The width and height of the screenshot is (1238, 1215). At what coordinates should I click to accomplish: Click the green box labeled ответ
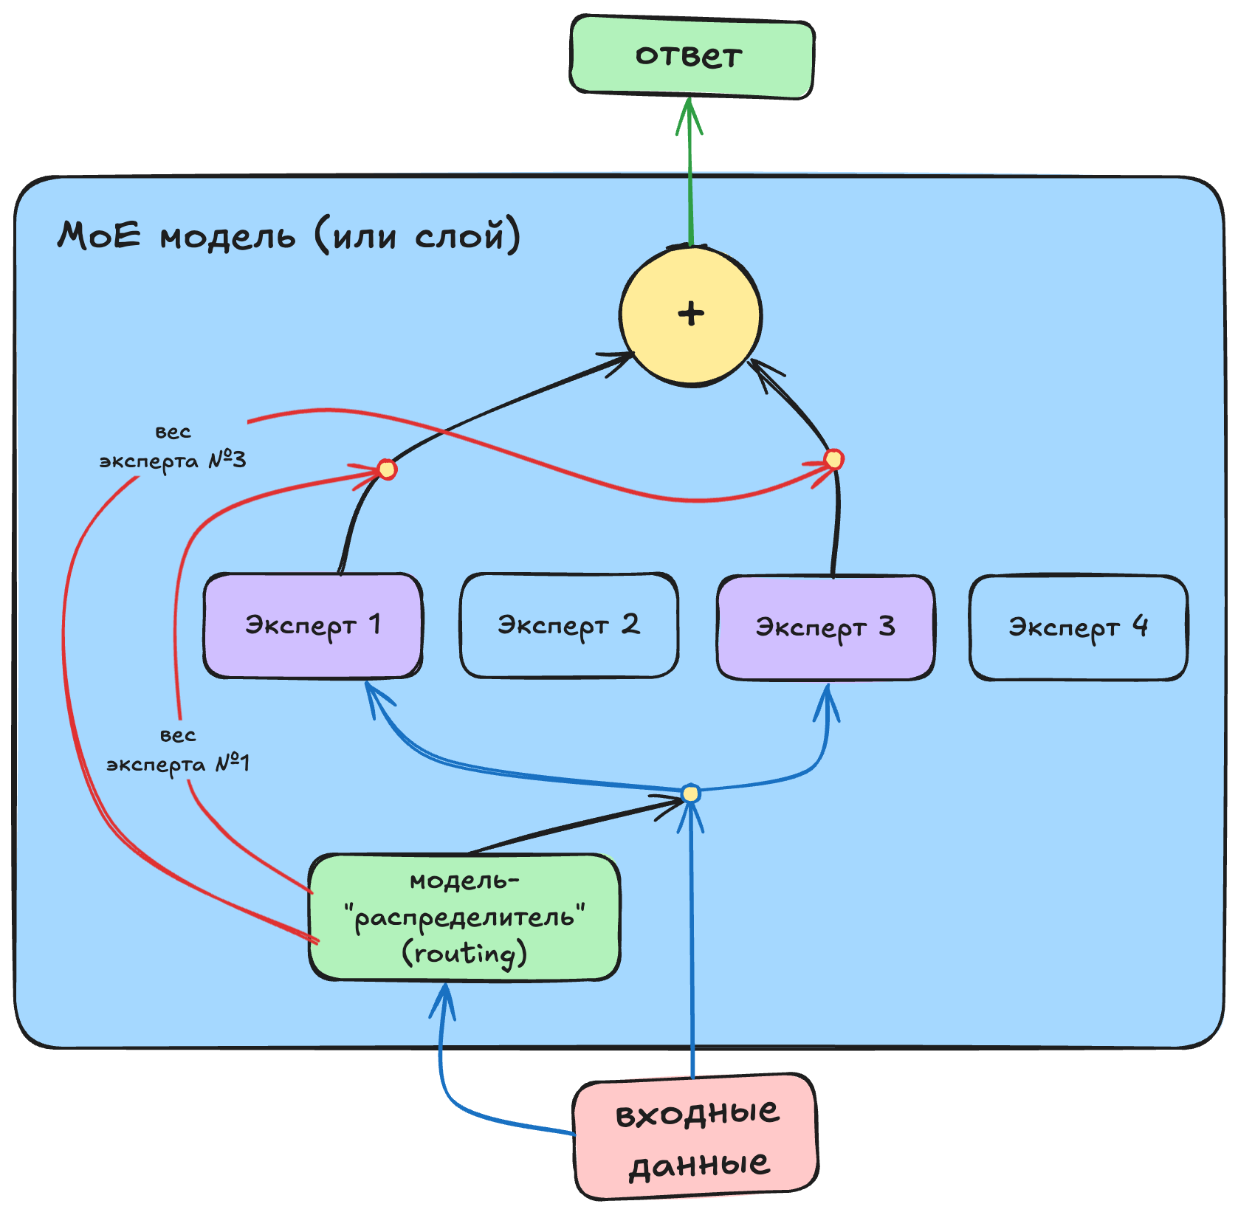click(691, 58)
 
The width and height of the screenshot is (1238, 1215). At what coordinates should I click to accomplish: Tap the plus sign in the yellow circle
click(691, 314)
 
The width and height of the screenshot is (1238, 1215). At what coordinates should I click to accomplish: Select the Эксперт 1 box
click(313, 626)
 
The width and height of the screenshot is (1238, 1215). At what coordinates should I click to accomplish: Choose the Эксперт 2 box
click(568, 626)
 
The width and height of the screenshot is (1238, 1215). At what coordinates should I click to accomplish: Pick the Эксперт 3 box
click(825, 627)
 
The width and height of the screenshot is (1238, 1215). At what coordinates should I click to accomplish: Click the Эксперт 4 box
click(1078, 627)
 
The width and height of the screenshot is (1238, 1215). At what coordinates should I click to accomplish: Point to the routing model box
click(464, 917)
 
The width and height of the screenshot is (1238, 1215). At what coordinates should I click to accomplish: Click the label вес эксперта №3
click(173, 447)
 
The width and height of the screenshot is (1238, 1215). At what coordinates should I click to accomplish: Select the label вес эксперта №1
click(178, 750)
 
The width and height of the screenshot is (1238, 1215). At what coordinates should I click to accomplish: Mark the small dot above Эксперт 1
click(387, 469)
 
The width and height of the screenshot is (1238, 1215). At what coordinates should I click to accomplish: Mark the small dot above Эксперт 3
click(833, 459)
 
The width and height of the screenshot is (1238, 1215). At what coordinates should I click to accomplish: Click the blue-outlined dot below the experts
click(690, 794)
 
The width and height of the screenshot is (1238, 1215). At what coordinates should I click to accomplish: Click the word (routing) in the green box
click(464, 954)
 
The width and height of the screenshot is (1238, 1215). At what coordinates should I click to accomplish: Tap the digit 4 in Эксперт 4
click(1141, 626)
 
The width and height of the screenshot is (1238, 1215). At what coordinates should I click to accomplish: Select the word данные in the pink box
click(698, 1165)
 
